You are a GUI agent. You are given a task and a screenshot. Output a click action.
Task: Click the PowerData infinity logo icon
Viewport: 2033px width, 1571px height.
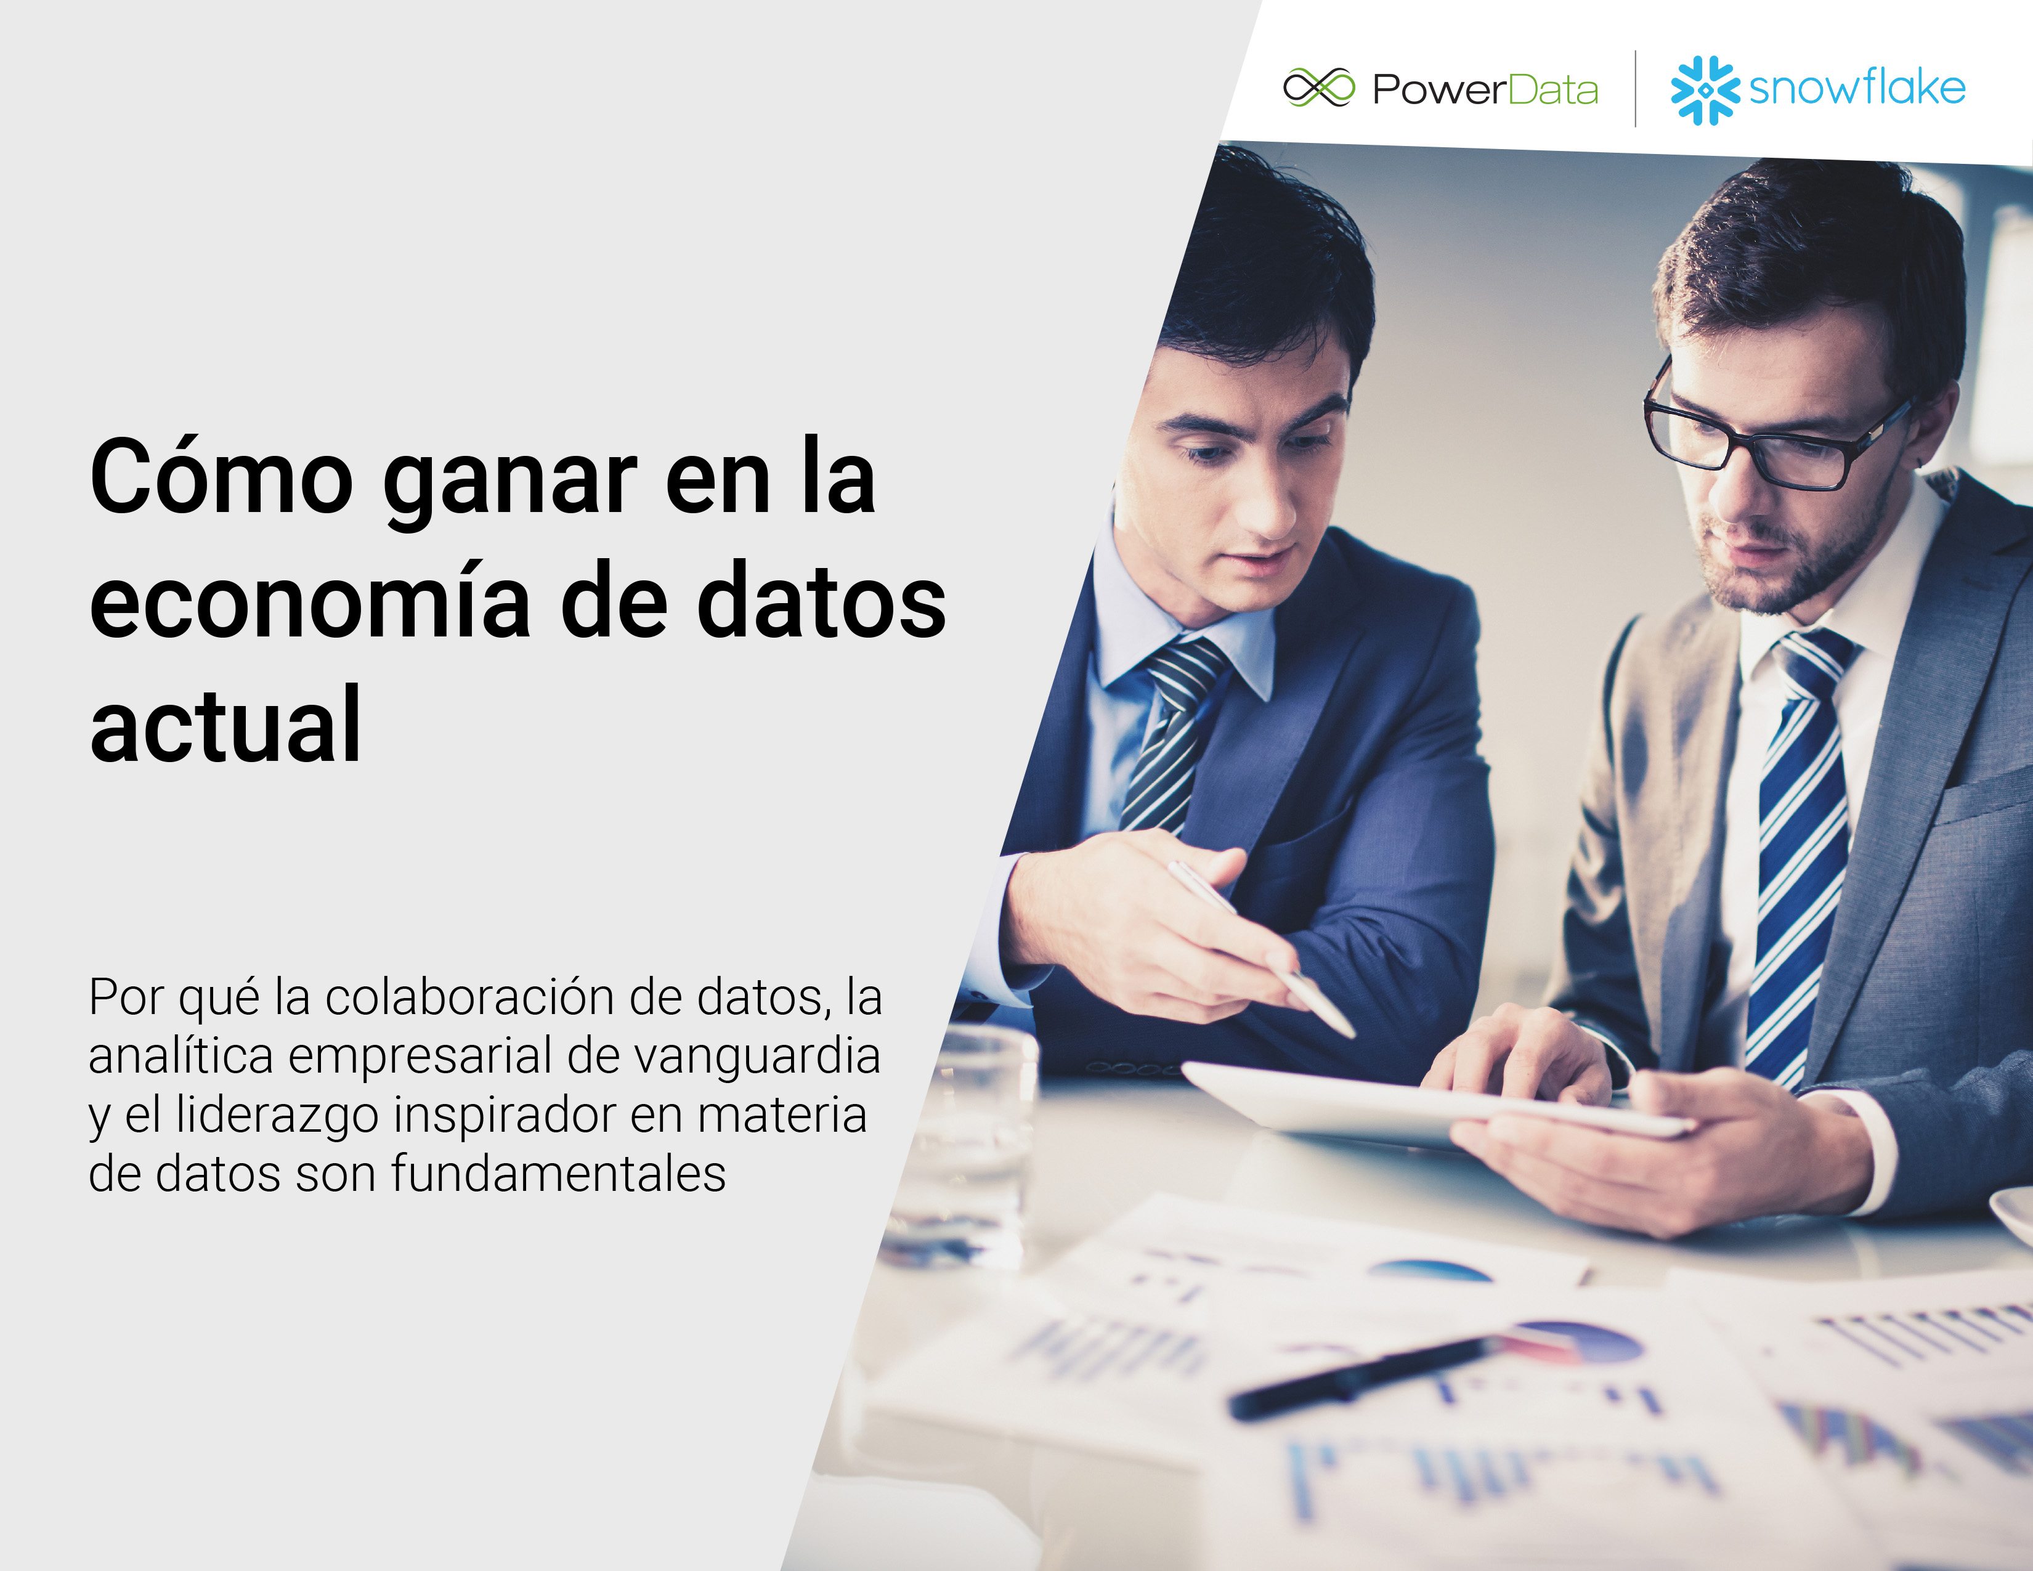[x=1319, y=89]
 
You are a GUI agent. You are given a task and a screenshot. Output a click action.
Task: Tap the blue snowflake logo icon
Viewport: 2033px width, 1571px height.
[x=1705, y=89]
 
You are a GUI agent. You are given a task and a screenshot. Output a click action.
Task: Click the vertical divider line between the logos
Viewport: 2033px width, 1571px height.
[x=1636, y=89]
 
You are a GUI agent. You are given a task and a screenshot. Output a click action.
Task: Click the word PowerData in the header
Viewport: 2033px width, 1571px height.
[x=1485, y=89]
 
